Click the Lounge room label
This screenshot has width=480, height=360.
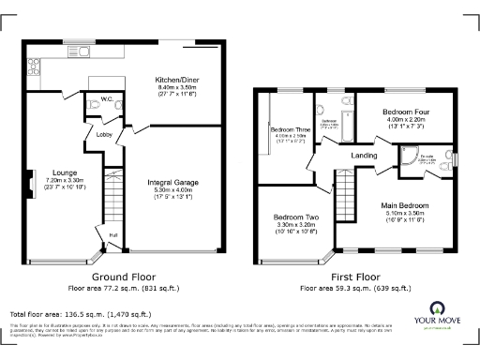click(x=65, y=173)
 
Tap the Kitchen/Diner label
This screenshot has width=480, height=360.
click(x=175, y=81)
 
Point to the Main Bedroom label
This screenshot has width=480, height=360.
click(x=405, y=204)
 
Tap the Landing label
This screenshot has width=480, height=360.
click(x=364, y=156)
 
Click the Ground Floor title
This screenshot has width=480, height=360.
click(x=122, y=277)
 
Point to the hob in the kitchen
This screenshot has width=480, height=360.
click(x=34, y=67)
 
